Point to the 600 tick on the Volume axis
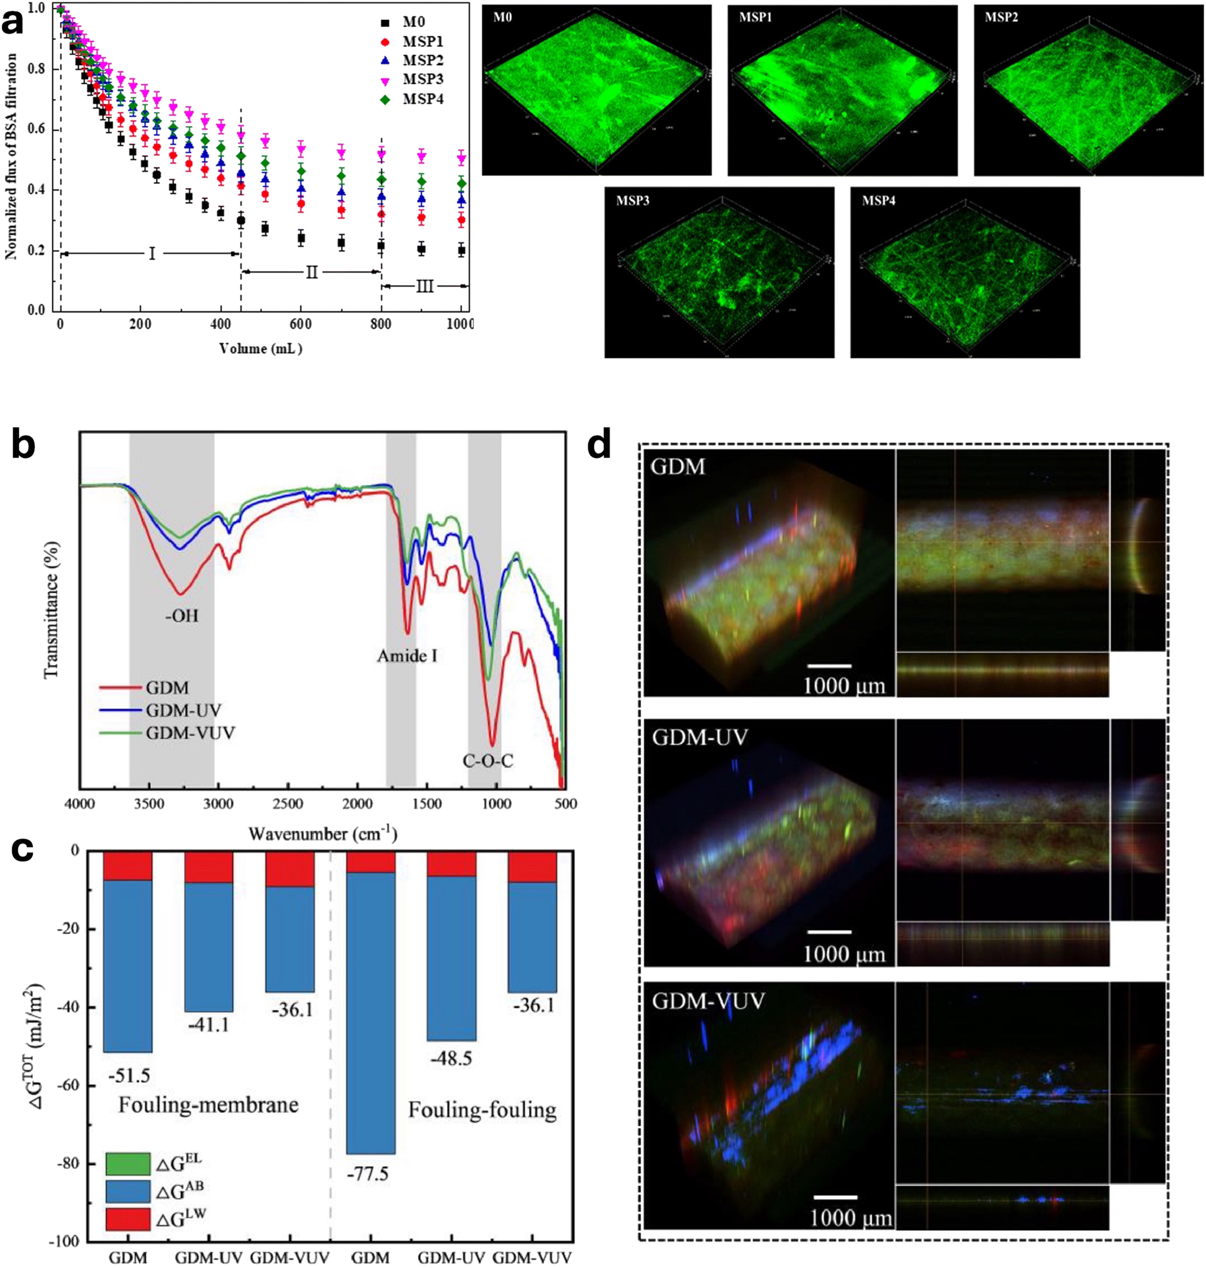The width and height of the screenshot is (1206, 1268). pyautogui.click(x=301, y=324)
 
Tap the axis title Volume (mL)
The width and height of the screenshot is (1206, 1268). pyautogui.click(x=260, y=349)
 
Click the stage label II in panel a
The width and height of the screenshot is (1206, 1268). pyautogui.click(x=311, y=272)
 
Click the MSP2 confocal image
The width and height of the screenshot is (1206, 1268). pyautogui.click(x=1088, y=90)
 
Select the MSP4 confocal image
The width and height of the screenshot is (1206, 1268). pyautogui.click(x=964, y=272)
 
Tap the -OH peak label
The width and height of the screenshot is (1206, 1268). pyautogui.click(x=181, y=617)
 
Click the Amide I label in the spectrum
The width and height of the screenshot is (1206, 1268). pyautogui.click(x=407, y=656)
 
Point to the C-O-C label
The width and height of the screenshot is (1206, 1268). pyautogui.click(x=488, y=762)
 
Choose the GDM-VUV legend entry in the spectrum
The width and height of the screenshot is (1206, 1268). pyautogui.click(x=190, y=733)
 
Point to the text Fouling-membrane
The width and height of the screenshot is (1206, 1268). pyautogui.click(x=209, y=1105)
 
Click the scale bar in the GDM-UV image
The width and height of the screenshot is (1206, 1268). pyautogui.click(x=829, y=931)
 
